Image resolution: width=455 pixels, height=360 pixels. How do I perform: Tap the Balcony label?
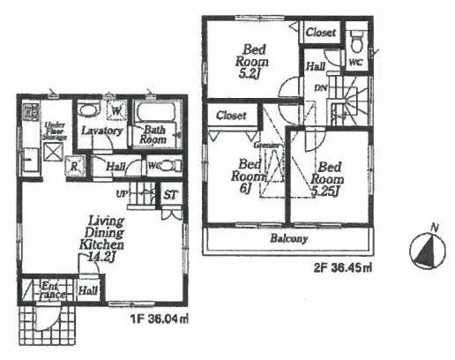(x=287, y=238)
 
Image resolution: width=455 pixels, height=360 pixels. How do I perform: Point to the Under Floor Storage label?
(x=56, y=132)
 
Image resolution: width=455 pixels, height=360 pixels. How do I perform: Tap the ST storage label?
(x=171, y=196)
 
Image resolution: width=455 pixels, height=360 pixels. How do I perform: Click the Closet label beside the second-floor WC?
(x=321, y=33)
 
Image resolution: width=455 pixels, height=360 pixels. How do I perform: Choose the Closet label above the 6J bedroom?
(x=231, y=115)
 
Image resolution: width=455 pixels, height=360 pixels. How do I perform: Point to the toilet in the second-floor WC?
(x=357, y=40)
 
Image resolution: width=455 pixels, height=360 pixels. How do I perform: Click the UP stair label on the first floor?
(x=122, y=194)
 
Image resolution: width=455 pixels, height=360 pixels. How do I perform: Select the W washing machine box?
(x=116, y=111)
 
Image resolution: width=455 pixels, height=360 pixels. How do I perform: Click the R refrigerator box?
(x=77, y=166)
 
